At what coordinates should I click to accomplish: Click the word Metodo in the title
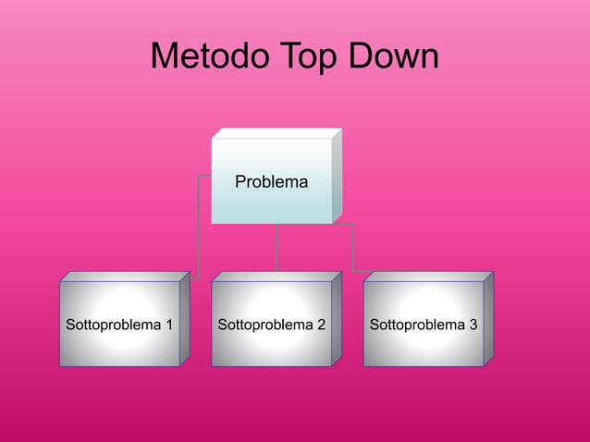[208, 57]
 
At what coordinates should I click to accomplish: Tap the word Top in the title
[310, 57]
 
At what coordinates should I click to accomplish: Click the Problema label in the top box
[271, 182]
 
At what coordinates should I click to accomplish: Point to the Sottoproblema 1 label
[119, 325]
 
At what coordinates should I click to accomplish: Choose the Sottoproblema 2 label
[271, 325]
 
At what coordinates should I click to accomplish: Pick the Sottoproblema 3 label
[423, 325]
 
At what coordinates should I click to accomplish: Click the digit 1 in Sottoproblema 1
[168, 325]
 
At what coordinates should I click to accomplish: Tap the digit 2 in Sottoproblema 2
[320, 325]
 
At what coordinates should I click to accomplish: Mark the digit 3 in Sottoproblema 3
[473, 325]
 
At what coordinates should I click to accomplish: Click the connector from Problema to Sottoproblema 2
[276, 247]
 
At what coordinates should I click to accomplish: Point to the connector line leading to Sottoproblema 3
[352, 248]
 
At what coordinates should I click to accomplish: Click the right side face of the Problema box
[337, 176]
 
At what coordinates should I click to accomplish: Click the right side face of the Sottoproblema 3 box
[488, 319]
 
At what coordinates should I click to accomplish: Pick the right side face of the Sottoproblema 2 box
[337, 319]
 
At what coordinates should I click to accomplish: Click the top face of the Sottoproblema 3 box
[428, 276]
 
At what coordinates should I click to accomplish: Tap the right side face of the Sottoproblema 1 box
[185, 319]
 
